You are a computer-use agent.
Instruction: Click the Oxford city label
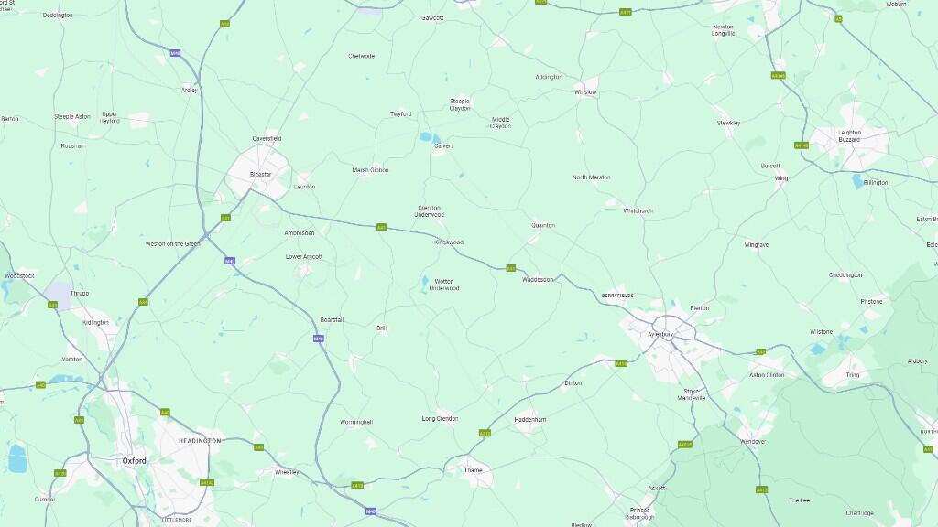pos(134,461)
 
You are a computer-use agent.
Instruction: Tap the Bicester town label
pos(261,174)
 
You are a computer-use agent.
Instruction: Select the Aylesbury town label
pos(660,335)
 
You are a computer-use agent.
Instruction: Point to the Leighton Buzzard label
pos(849,135)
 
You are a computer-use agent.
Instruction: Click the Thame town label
pos(473,469)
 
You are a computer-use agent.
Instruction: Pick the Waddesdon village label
pos(538,279)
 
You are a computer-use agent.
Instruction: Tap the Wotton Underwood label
pos(444,285)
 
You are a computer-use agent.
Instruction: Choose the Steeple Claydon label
pos(460,104)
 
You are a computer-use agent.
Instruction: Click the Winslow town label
pos(585,92)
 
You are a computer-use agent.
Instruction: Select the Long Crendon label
pos(440,418)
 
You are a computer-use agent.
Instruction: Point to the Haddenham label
pos(530,419)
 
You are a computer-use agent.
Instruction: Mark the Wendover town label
pos(752,441)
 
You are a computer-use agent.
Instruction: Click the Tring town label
pos(852,375)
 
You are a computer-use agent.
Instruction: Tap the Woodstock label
pos(19,275)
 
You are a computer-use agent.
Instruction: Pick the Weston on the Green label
pos(172,243)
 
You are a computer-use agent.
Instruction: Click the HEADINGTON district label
pos(200,441)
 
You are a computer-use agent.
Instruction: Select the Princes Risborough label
pos(639,513)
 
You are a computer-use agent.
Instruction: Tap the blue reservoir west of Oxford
pos(16,457)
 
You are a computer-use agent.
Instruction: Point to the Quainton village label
pos(543,225)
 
